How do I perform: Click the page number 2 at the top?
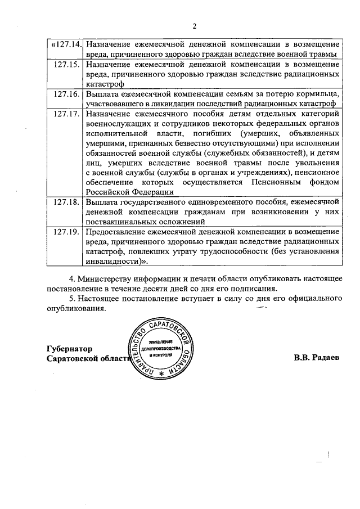click(194, 25)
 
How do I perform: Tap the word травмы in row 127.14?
click(322, 55)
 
